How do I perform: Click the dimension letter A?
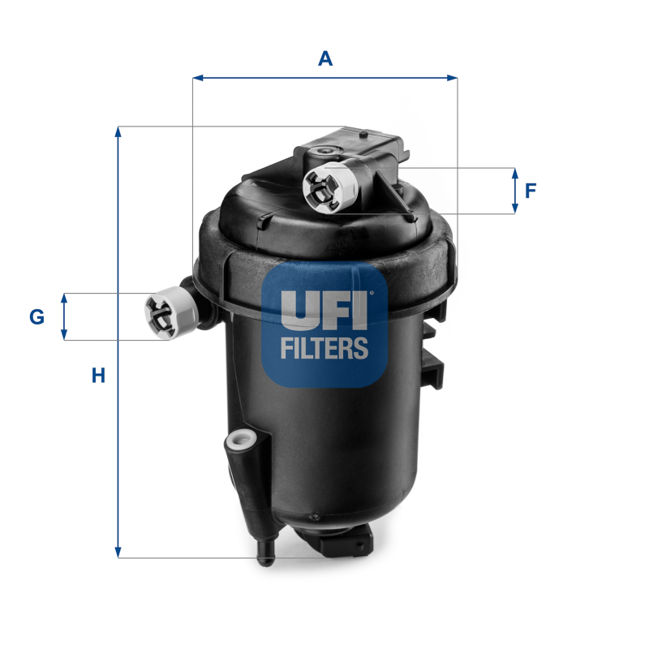coord(325,58)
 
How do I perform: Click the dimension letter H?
coord(98,376)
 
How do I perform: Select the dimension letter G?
coord(37,317)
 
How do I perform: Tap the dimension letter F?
coord(531,191)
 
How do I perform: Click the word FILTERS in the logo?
coord(324,348)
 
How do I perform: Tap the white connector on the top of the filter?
coord(330,187)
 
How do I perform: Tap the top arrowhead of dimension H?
coord(118,131)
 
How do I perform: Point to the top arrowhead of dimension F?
coord(514,172)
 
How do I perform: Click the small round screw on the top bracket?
coord(325,151)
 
